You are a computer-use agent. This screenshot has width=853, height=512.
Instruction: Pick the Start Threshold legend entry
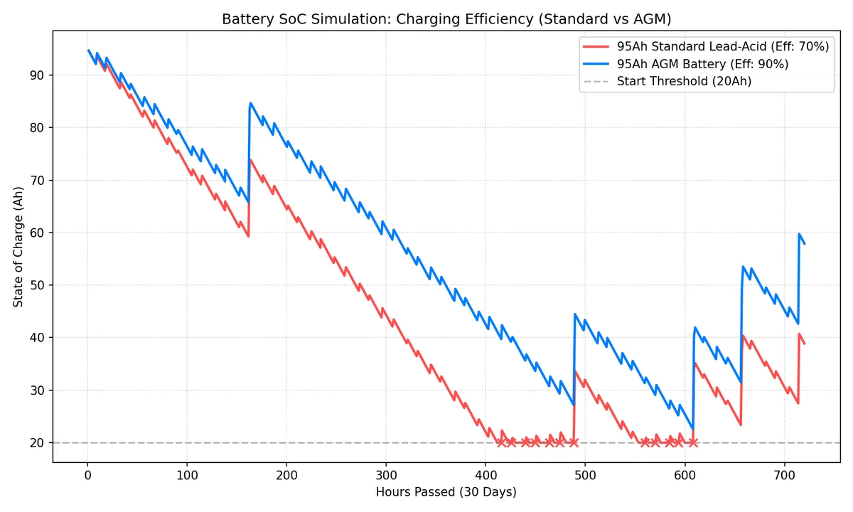pyautogui.click(x=684, y=81)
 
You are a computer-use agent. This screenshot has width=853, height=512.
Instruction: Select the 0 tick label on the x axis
pyautogui.click(x=87, y=475)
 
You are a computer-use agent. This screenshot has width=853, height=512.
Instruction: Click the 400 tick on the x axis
pyautogui.click(x=286, y=475)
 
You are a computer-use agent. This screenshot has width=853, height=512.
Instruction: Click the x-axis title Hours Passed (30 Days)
pyautogui.click(x=446, y=492)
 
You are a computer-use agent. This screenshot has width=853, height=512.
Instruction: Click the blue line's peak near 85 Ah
pyautogui.click(x=250, y=103)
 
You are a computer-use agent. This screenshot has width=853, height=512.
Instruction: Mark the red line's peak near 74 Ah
pyautogui.click(x=250, y=160)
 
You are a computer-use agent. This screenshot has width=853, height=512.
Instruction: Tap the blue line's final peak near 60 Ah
pyautogui.click(x=800, y=234)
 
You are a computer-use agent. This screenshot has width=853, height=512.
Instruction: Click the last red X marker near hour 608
pyautogui.click(x=693, y=442)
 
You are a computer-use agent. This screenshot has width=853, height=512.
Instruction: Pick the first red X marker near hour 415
pyautogui.click(x=500, y=442)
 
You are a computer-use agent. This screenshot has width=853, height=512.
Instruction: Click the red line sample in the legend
pyautogui.click(x=596, y=47)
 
